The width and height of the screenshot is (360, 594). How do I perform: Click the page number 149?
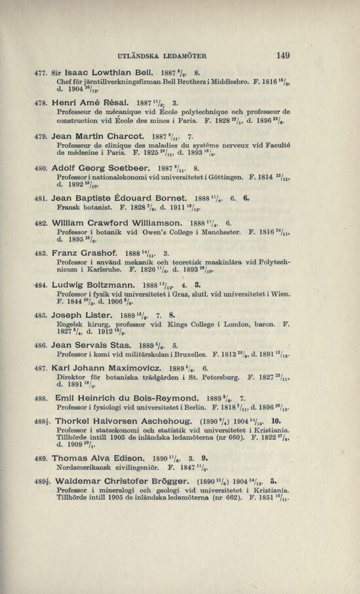tap(283, 56)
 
